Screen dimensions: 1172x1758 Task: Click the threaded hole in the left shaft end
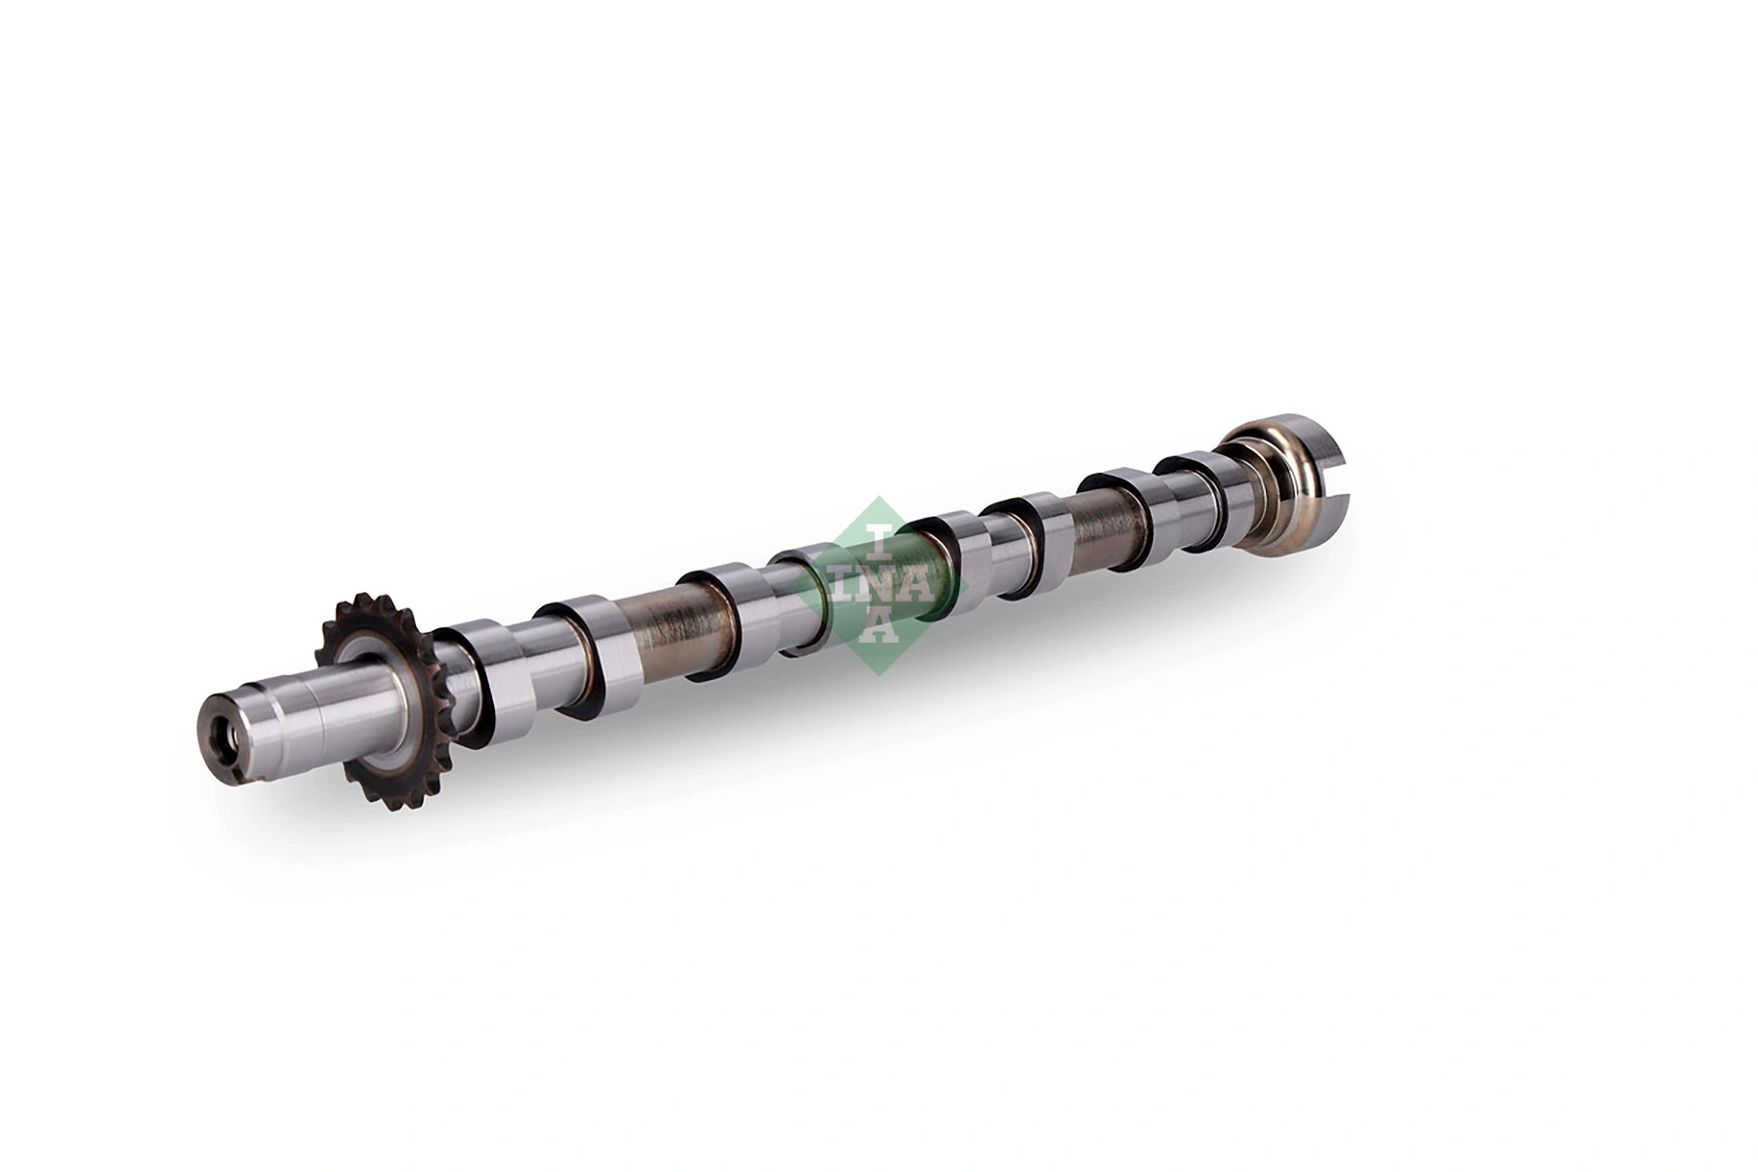(x=222, y=732)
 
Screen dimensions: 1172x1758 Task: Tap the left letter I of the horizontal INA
(x=846, y=589)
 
